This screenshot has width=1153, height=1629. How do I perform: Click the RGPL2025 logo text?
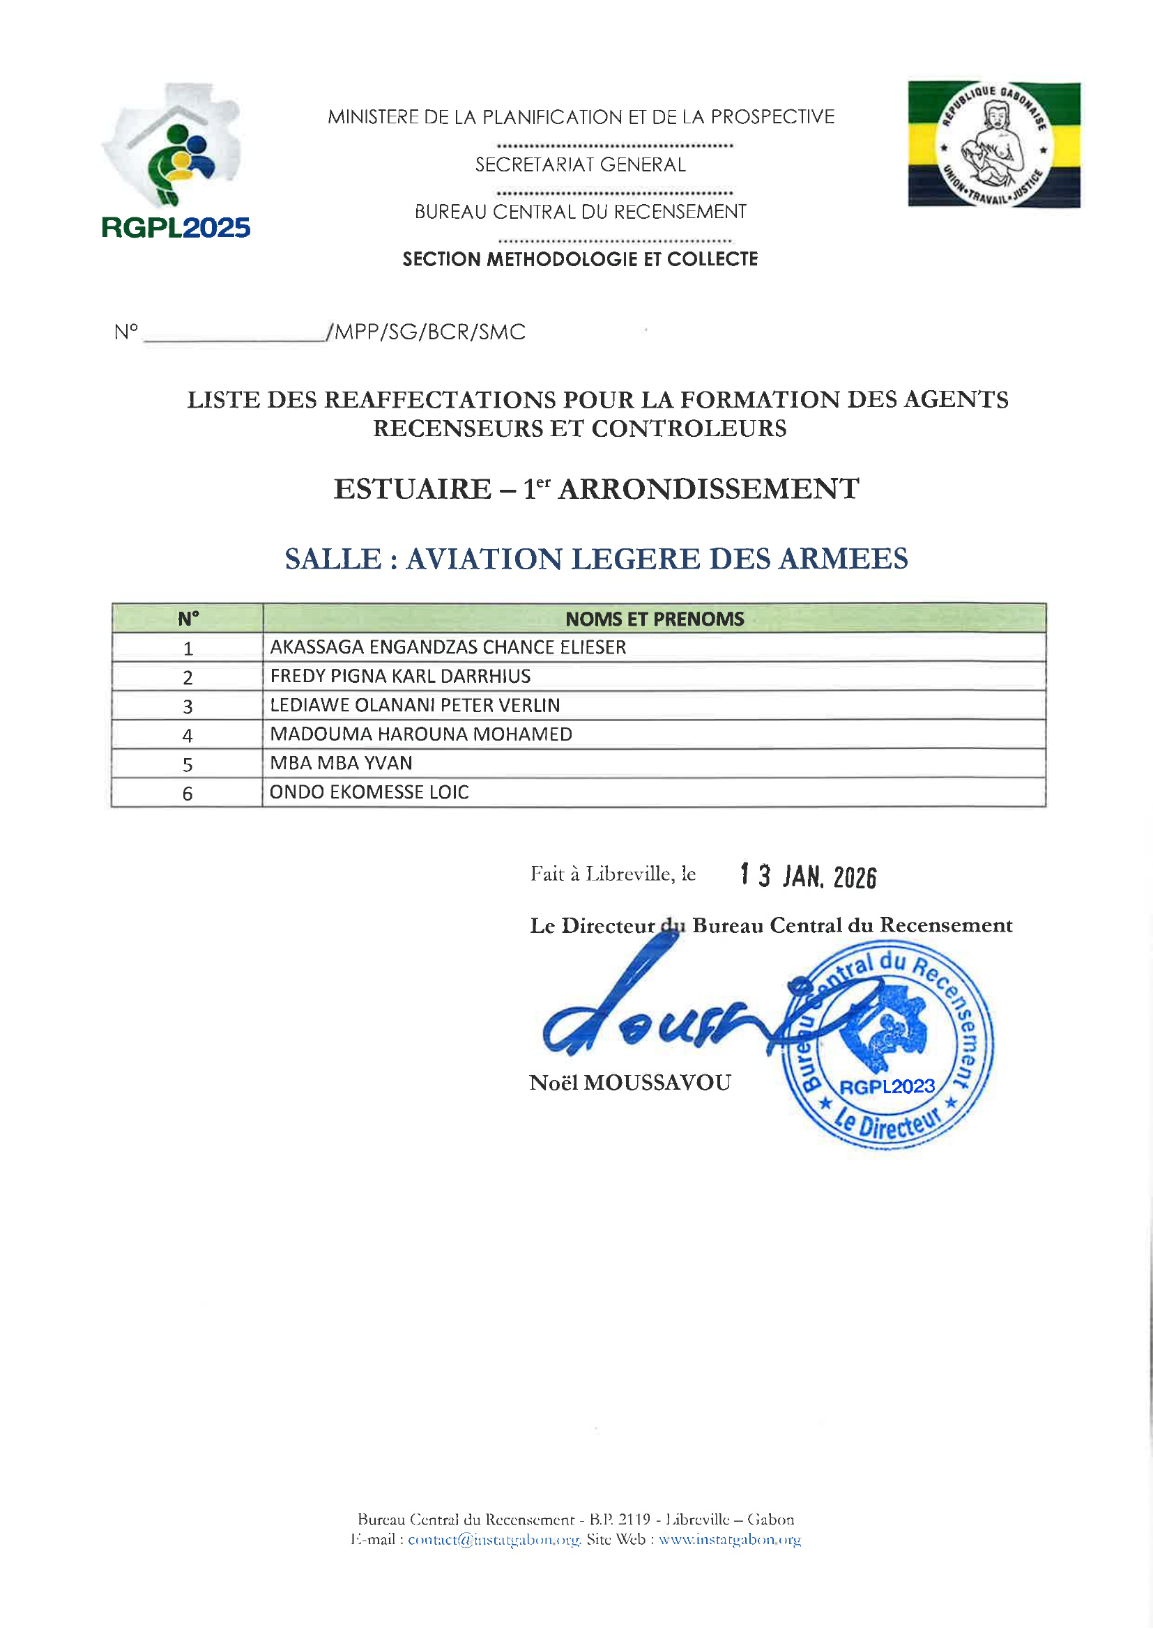(x=176, y=228)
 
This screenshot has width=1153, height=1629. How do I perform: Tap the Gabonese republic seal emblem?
(x=993, y=145)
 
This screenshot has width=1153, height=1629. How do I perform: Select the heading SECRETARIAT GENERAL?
(x=580, y=164)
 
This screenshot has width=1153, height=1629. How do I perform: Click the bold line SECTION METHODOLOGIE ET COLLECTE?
(x=580, y=259)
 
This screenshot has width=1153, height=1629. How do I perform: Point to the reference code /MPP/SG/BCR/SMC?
(x=427, y=332)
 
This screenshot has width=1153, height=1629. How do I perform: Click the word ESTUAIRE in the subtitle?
(x=413, y=489)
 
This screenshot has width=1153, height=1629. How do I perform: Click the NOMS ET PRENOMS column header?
(x=654, y=619)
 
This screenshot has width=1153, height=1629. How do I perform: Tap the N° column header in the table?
(x=188, y=619)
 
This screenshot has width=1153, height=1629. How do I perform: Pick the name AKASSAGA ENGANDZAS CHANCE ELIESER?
(x=448, y=647)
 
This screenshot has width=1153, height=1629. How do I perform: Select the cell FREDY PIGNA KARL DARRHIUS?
(x=400, y=676)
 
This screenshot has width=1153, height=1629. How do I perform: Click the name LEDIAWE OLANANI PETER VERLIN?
(x=415, y=705)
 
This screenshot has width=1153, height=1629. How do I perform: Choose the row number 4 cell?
(x=188, y=735)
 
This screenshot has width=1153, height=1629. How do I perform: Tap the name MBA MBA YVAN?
(x=341, y=764)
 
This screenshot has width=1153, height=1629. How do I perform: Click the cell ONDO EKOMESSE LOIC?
(x=369, y=792)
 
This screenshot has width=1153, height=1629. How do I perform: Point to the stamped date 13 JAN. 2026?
(x=808, y=877)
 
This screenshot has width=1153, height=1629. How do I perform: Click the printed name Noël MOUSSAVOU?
(x=629, y=1083)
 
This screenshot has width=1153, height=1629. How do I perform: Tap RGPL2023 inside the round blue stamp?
(x=887, y=1086)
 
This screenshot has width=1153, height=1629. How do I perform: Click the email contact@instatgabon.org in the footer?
(x=494, y=1539)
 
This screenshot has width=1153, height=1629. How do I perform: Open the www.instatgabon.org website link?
(x=730, y=1539)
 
